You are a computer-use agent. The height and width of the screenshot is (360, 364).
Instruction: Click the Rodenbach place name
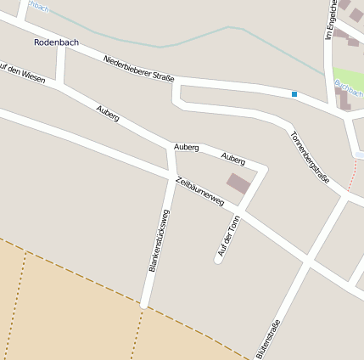56,42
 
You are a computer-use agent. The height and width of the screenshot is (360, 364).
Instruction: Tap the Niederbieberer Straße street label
138,70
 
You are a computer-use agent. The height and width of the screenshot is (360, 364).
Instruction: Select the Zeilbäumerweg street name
199,192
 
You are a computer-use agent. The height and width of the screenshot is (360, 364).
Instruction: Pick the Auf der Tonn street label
229,235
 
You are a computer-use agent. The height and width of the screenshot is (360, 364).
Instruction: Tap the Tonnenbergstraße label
309,157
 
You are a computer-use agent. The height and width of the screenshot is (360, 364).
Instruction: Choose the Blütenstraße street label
267,338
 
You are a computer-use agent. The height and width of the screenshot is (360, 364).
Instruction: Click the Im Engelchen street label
330,19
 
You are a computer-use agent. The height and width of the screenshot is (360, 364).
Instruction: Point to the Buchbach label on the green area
349,87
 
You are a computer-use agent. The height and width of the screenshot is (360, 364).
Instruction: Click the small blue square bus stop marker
294,93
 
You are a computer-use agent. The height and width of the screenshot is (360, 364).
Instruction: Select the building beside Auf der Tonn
238,183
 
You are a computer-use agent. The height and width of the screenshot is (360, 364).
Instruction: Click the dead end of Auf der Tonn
218,259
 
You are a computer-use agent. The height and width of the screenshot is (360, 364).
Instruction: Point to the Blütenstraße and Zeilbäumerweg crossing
307,262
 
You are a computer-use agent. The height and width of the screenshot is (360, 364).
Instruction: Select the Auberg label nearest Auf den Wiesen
108,113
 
